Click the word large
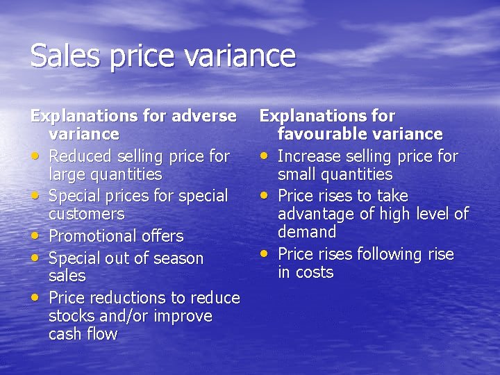tap(68, 175)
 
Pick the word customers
tap(87, 214)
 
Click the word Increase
tap(310, 156)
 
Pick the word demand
tap(307, 231)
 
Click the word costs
tap(315, 272)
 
